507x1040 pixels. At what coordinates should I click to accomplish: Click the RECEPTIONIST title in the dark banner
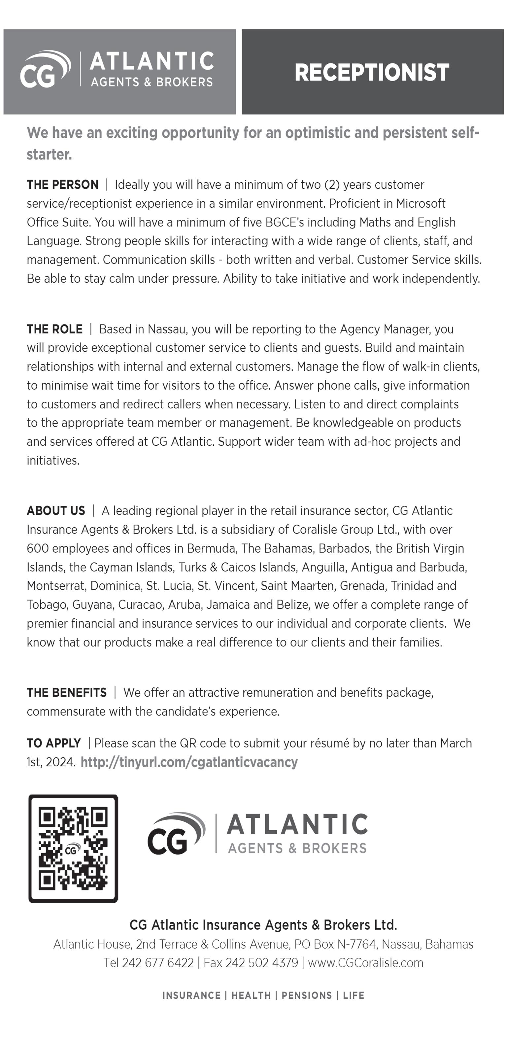(x=372, y=73)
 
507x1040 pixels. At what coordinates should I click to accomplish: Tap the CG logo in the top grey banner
(x=45, y=69)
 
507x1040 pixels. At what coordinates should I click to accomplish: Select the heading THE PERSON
(x=63, y=185)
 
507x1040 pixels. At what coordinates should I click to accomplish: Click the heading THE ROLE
(x=54, y=329)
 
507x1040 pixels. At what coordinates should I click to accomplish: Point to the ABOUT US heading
(x=56, y=511)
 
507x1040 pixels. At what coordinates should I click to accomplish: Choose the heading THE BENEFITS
(x=67, y=693)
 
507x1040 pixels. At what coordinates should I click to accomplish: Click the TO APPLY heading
(x=54, y=743)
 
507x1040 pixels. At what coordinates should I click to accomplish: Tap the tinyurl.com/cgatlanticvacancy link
(x=189, y=762)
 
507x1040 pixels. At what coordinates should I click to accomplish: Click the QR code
(x=73, y=848)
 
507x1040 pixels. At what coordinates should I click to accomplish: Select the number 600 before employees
(x=38, y=549)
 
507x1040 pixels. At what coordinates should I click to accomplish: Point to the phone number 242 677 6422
(x=158, y=963)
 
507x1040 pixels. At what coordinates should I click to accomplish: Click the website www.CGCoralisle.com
(x=365, y=963)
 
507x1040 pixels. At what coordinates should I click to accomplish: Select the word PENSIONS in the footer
(x=307, y=995)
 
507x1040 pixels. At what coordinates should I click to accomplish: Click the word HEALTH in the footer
(x=251, y=995)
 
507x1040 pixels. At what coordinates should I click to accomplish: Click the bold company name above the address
(x=263, y=925)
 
